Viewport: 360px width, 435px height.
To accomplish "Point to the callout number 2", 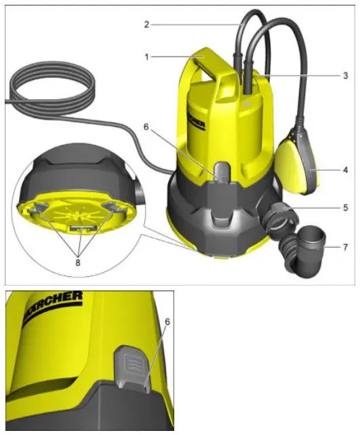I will coord(146,24).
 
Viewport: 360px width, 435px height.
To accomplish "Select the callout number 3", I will coord(345,74).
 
